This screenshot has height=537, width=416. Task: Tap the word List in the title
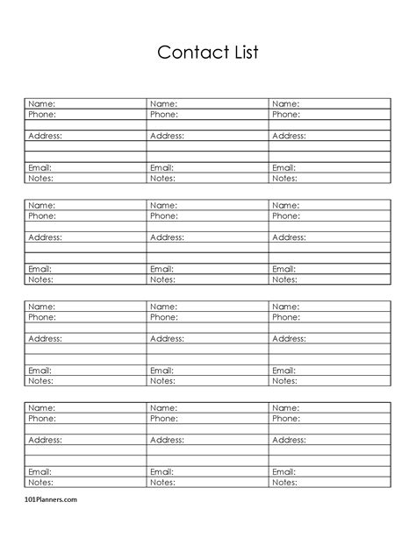pyautogui.click(x=241, y=53)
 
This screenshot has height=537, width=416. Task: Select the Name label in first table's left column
pyautogui.click(x=41, y=104)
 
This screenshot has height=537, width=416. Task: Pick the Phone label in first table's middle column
pyautogui.click(x=164, y=114)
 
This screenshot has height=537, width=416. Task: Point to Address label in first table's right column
pyautogui.click(x=289, y=136)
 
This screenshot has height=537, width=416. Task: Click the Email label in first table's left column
pyautogui.click(x=40, y=167)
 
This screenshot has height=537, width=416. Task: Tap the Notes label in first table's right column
pyautogui.click(x=284, y=178)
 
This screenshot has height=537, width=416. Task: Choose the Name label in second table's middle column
pyautogui.click(x=163, y=205)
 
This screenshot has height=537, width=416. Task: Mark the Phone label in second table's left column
pyautogui.click(x=42, y=216)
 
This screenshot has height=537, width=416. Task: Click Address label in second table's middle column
pyautogui.click(x=167, y=237)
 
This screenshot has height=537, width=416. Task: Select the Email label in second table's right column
pyautogui.click(x=284, y=269)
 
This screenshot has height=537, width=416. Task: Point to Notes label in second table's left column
pyautogui.click(x=40, y=279)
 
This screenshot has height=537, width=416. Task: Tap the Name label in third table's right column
pyautogui.click(x=285, y=307)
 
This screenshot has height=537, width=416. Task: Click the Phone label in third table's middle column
pyautogui.click(x=164, y=317)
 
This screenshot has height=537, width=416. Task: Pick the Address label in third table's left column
pyautogui.click(x=45, y=338)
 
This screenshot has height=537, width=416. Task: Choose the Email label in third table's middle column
pyautogui.click(x=162, y=371)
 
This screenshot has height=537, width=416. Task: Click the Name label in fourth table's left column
pyautogui.click(x=41, y=408)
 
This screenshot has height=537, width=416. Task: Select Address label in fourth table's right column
pyautogui.click(x=289, y=440)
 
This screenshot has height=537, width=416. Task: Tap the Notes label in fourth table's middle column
pyautogui.click(x=162, y=482)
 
